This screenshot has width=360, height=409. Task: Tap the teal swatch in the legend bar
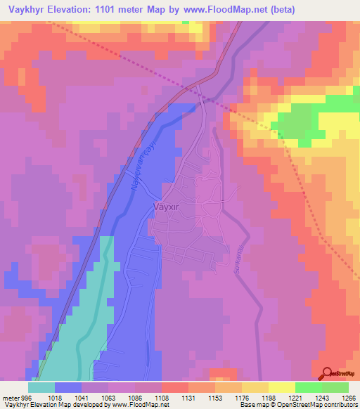pos(41,387)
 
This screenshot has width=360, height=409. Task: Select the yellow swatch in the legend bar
pos(281,387)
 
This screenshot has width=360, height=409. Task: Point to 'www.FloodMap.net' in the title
pos(226,9)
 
